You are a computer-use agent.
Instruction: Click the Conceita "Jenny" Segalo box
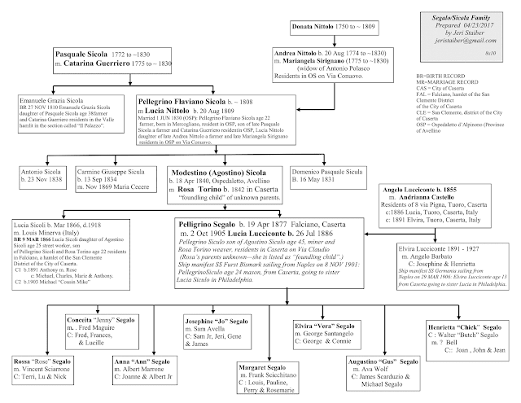coord(106,331)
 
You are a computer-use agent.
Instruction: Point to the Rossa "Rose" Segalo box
coord(44,370)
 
